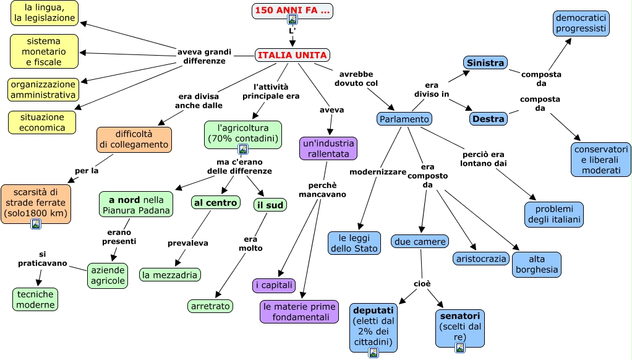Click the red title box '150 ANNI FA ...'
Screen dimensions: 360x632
(292, 11)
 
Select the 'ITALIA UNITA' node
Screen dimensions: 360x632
(292, 55)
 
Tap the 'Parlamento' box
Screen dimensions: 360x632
(404, 119)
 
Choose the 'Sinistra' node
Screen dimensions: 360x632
(485, 62)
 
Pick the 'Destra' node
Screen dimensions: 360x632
(488, 118)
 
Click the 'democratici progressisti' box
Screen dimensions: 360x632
(581, 24)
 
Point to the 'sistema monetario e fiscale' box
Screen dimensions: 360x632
(45, 51)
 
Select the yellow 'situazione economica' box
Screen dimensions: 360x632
(42, 122)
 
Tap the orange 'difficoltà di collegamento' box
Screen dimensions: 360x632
(134, 139)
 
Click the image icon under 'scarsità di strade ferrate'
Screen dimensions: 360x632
(36, 224)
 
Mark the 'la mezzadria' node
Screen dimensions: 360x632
(169, 275)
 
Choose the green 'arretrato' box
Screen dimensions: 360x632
(210, 306)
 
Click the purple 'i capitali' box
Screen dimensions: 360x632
(274, 285)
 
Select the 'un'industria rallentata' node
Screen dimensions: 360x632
(328, 148)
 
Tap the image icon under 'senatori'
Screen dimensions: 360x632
(460, 348)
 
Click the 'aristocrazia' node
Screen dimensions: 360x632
(480, 259)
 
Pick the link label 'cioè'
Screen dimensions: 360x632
(422, 284)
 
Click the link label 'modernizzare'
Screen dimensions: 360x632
(378, 171)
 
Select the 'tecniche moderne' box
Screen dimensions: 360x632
(35, 299)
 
